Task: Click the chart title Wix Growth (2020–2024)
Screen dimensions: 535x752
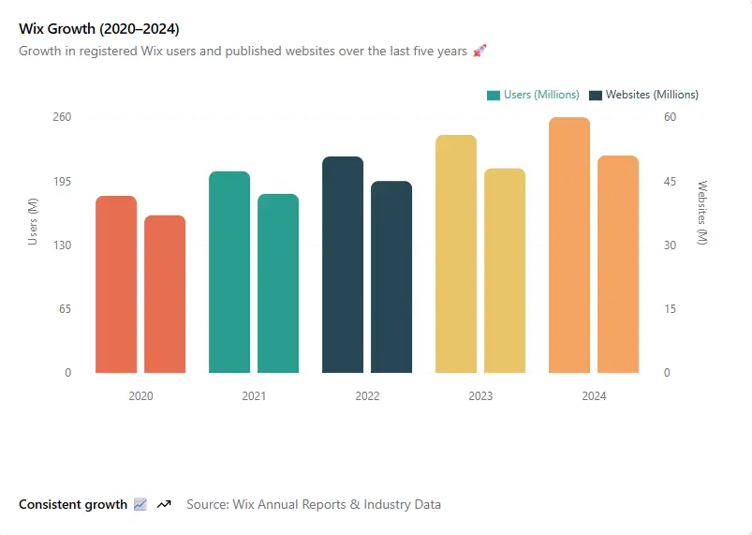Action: (99, 29)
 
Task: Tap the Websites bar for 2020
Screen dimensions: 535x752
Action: (165, 294)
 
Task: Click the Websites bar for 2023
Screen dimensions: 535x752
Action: (505, 271)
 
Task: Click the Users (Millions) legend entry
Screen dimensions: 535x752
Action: (533, 95)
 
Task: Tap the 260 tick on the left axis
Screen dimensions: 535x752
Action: (62, 117)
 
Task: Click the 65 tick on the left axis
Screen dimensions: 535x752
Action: (66, 309)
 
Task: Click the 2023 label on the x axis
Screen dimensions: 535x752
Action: (480, 396)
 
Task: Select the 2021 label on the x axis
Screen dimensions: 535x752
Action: (254, 396)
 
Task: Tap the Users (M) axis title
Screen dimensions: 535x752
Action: (33, 222)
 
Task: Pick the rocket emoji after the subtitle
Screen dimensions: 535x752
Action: (479, 51)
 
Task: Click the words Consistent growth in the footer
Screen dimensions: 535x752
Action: (73, 504)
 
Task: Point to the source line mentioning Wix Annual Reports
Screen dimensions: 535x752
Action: (314, 504)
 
